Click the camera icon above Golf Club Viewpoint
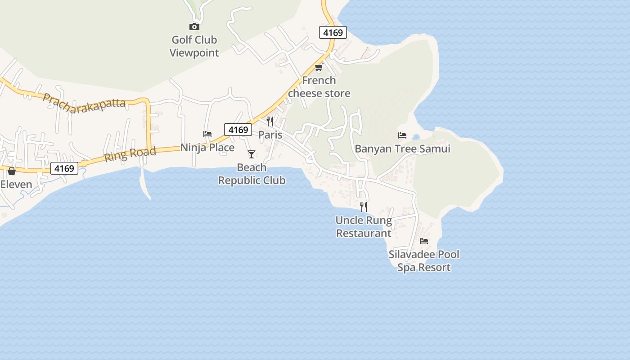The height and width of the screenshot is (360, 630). (194, 27)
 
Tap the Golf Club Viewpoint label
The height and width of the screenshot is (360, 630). (194, 46)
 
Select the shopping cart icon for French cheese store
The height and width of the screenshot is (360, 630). (319, 67)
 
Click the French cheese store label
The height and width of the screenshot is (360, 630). (319, 87)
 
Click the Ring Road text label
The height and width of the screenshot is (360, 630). (130, 154)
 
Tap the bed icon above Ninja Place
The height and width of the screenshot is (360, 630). (207, 134)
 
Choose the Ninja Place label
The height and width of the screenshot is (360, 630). (207, 148)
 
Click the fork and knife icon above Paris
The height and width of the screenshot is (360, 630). (270, 121)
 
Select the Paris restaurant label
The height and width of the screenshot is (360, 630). (270, 135)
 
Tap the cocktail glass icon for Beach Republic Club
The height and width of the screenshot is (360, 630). (252, 154)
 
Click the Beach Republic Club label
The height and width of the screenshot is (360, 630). (252, 174)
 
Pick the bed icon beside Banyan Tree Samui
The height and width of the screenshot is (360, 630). (402, 135)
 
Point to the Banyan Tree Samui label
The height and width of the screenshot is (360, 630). (402, 148)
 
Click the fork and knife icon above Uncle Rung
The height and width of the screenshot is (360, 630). (364, 207)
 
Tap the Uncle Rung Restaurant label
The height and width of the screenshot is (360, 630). (364, 227)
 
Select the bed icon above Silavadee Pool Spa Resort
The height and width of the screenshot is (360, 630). (424, 241)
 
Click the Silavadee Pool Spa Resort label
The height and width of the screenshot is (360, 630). (424, 261)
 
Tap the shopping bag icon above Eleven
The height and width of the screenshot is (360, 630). (12, 171)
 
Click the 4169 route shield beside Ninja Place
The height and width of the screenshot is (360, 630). (238, 130)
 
